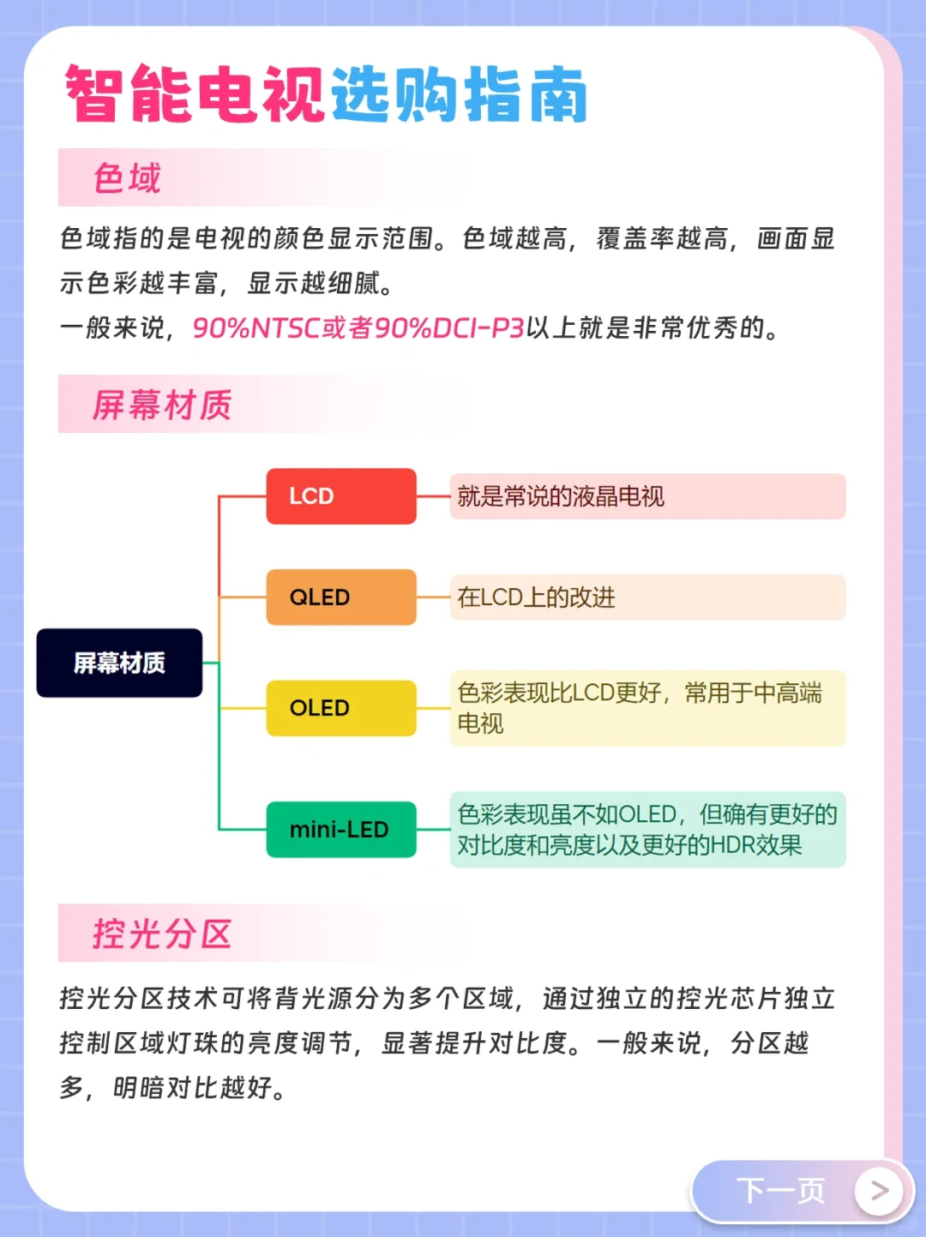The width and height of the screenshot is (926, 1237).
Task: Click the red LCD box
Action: [x=340, y=496]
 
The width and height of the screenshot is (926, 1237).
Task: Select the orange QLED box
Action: [x=340, y=597]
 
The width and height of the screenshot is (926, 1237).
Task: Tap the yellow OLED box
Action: [x=340, y=708]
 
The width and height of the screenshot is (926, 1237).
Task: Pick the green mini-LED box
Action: [x=340, y=830]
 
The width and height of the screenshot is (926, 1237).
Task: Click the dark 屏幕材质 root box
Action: [x=119, y=663]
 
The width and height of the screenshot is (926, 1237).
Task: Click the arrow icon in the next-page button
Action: [x=879, y=1190]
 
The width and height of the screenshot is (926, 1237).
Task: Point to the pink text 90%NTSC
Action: [x=256, y=327]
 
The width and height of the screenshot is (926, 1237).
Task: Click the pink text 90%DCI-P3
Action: [x=449, y=327]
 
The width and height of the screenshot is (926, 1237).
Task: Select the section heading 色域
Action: [x=127, y=178]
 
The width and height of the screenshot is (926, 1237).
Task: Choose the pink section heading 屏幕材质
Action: [x=162, y=405]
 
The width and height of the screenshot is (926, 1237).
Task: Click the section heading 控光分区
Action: [x=162, y=934]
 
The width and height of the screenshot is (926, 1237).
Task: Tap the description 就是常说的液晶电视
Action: [x=561, y=496]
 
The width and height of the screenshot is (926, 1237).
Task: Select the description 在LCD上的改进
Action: [x=537, y=597]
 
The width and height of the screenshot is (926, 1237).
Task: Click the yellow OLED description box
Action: [x=647, y=708]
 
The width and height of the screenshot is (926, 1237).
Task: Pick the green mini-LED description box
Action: [x=647, y=830]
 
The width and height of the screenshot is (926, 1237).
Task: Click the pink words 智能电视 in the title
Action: [x=195, y=94]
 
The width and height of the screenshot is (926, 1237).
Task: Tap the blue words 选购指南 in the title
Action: [x=459, y=94]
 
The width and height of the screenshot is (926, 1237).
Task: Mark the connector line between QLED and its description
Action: [x=433, y=597]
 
